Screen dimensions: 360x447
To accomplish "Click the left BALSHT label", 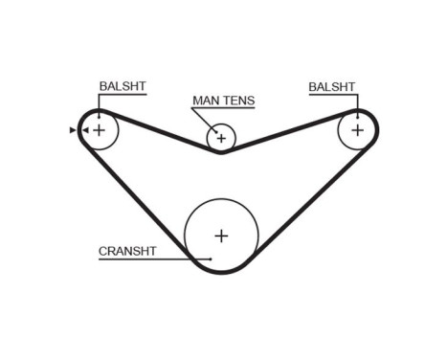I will coord(123,87).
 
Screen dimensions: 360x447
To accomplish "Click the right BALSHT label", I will coord(331,87).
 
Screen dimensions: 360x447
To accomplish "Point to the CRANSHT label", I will coord(126,252).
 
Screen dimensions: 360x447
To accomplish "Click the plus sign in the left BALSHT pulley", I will coord(99,129).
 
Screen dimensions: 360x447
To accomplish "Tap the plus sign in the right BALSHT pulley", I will coord(357,129).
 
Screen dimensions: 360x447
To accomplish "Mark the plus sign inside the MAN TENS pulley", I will coord(221,139).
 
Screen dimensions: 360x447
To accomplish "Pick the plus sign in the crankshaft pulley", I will coord(221,236).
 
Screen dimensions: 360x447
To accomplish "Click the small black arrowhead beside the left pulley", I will coord(73,129).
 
